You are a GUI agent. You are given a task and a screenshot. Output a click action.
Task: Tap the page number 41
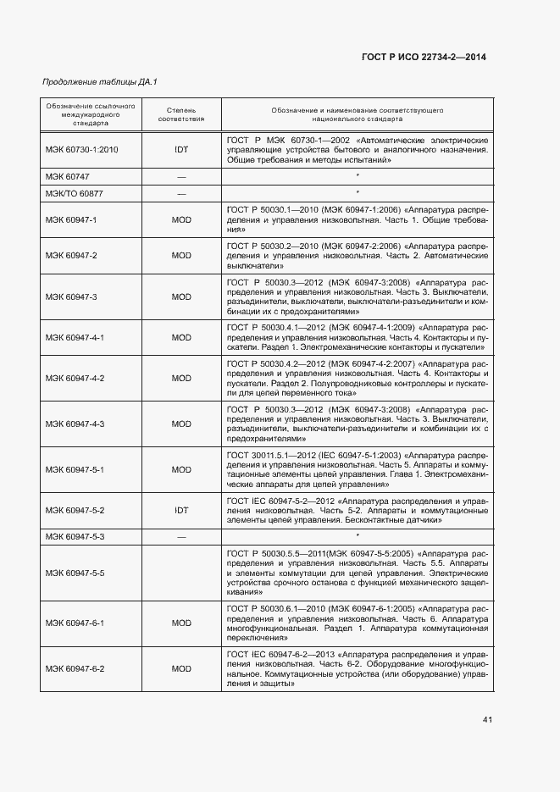click(487, 720)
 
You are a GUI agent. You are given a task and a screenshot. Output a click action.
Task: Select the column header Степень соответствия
click(181, 115)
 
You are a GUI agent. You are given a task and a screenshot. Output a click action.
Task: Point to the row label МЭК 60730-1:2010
click(81, 149)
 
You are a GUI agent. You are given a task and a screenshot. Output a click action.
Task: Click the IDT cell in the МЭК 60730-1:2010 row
click(181, 149)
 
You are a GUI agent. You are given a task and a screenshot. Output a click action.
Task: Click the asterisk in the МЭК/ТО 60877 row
click(358, 194)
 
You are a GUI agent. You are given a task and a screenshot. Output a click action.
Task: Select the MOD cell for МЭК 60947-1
click(181, 220)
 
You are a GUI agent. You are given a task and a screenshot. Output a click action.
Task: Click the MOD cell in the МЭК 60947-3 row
click(181, 297)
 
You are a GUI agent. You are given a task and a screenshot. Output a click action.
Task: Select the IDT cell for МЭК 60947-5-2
click(181, 511)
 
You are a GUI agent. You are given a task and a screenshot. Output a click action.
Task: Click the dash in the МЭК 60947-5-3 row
click(181, 537)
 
